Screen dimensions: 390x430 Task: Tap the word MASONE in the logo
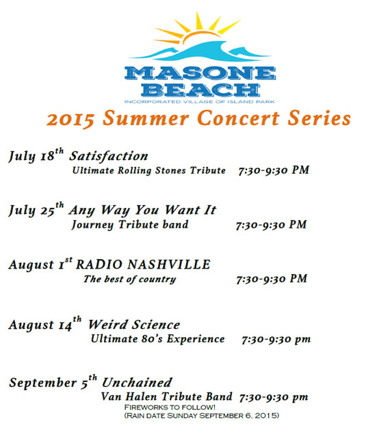pyautogui.click(x=200, y=73)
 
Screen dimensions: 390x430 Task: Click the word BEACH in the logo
pyautogui.click(x=200, y=90)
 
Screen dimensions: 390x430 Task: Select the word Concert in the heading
pyautogui.click(x=238, y=118)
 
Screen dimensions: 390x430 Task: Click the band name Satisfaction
pyautogui.click(x=108, y=157)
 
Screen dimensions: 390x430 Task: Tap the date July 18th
pyautogui.click(x=36, y=155)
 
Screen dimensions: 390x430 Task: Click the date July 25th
pyautogui.click(x=36, y=209)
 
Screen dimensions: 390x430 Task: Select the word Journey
pyautogui.click(x=92, y=225)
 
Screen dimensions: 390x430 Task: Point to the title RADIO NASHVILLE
pyautogui.click(x=143, y=265)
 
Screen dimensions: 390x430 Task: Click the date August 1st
pyautogui.click(x=40, y=264)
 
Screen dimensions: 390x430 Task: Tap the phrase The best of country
pyautogui.click(x=129, y=279)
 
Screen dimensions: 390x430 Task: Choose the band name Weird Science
pyautogui.click(x=134, y=325)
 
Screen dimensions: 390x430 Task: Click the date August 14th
pyautogui.click(x=44, y=324)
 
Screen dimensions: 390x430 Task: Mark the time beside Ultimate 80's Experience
pyautogui.click(x=276, y=340)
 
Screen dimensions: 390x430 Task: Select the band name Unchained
pyautogui.click(x=137, y=383)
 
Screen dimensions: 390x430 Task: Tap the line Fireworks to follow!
pyautogui.click(x=170, y=407)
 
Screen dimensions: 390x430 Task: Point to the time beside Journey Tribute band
pyautogui.click(x=271, y=225)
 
